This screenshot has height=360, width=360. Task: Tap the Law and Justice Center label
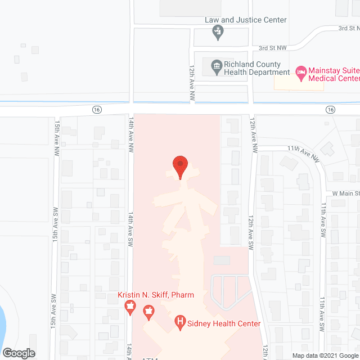tap(245, 20)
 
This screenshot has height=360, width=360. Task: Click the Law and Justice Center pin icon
tap(217, 32)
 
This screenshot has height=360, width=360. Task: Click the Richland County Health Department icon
tap(216, 68)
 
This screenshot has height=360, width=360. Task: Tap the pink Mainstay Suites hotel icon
tap(301, 72)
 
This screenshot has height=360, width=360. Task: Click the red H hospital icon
tap(180, 322)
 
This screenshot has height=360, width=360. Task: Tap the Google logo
tap(19, 353)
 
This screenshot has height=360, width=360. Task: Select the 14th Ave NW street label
tap(131, 135)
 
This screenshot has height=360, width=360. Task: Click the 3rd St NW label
tap(272, 48)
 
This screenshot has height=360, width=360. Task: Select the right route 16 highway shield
tap(330, 109)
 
